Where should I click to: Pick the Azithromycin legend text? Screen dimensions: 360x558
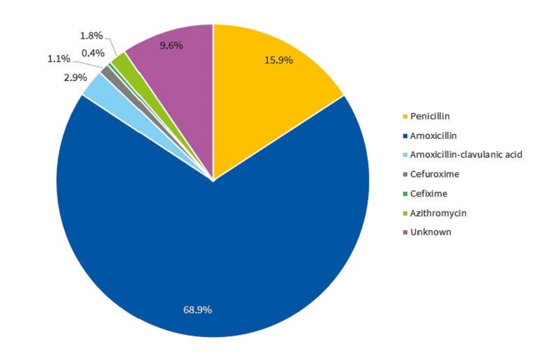click(x=437, y=212)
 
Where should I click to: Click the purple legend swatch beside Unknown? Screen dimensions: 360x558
click(x=404, y=232)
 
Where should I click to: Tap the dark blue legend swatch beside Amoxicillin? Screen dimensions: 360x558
click(x=404, y=135)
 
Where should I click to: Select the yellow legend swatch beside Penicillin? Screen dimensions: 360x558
click(x=404, y=115)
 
